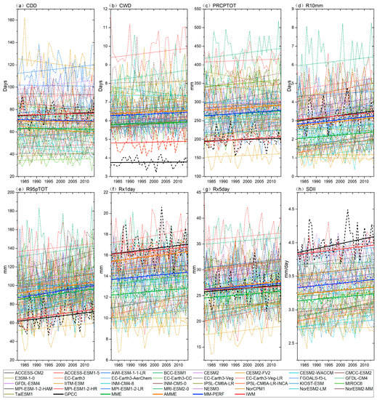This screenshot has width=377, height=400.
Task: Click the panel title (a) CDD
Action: pyautogui.click(x=28, y=7)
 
